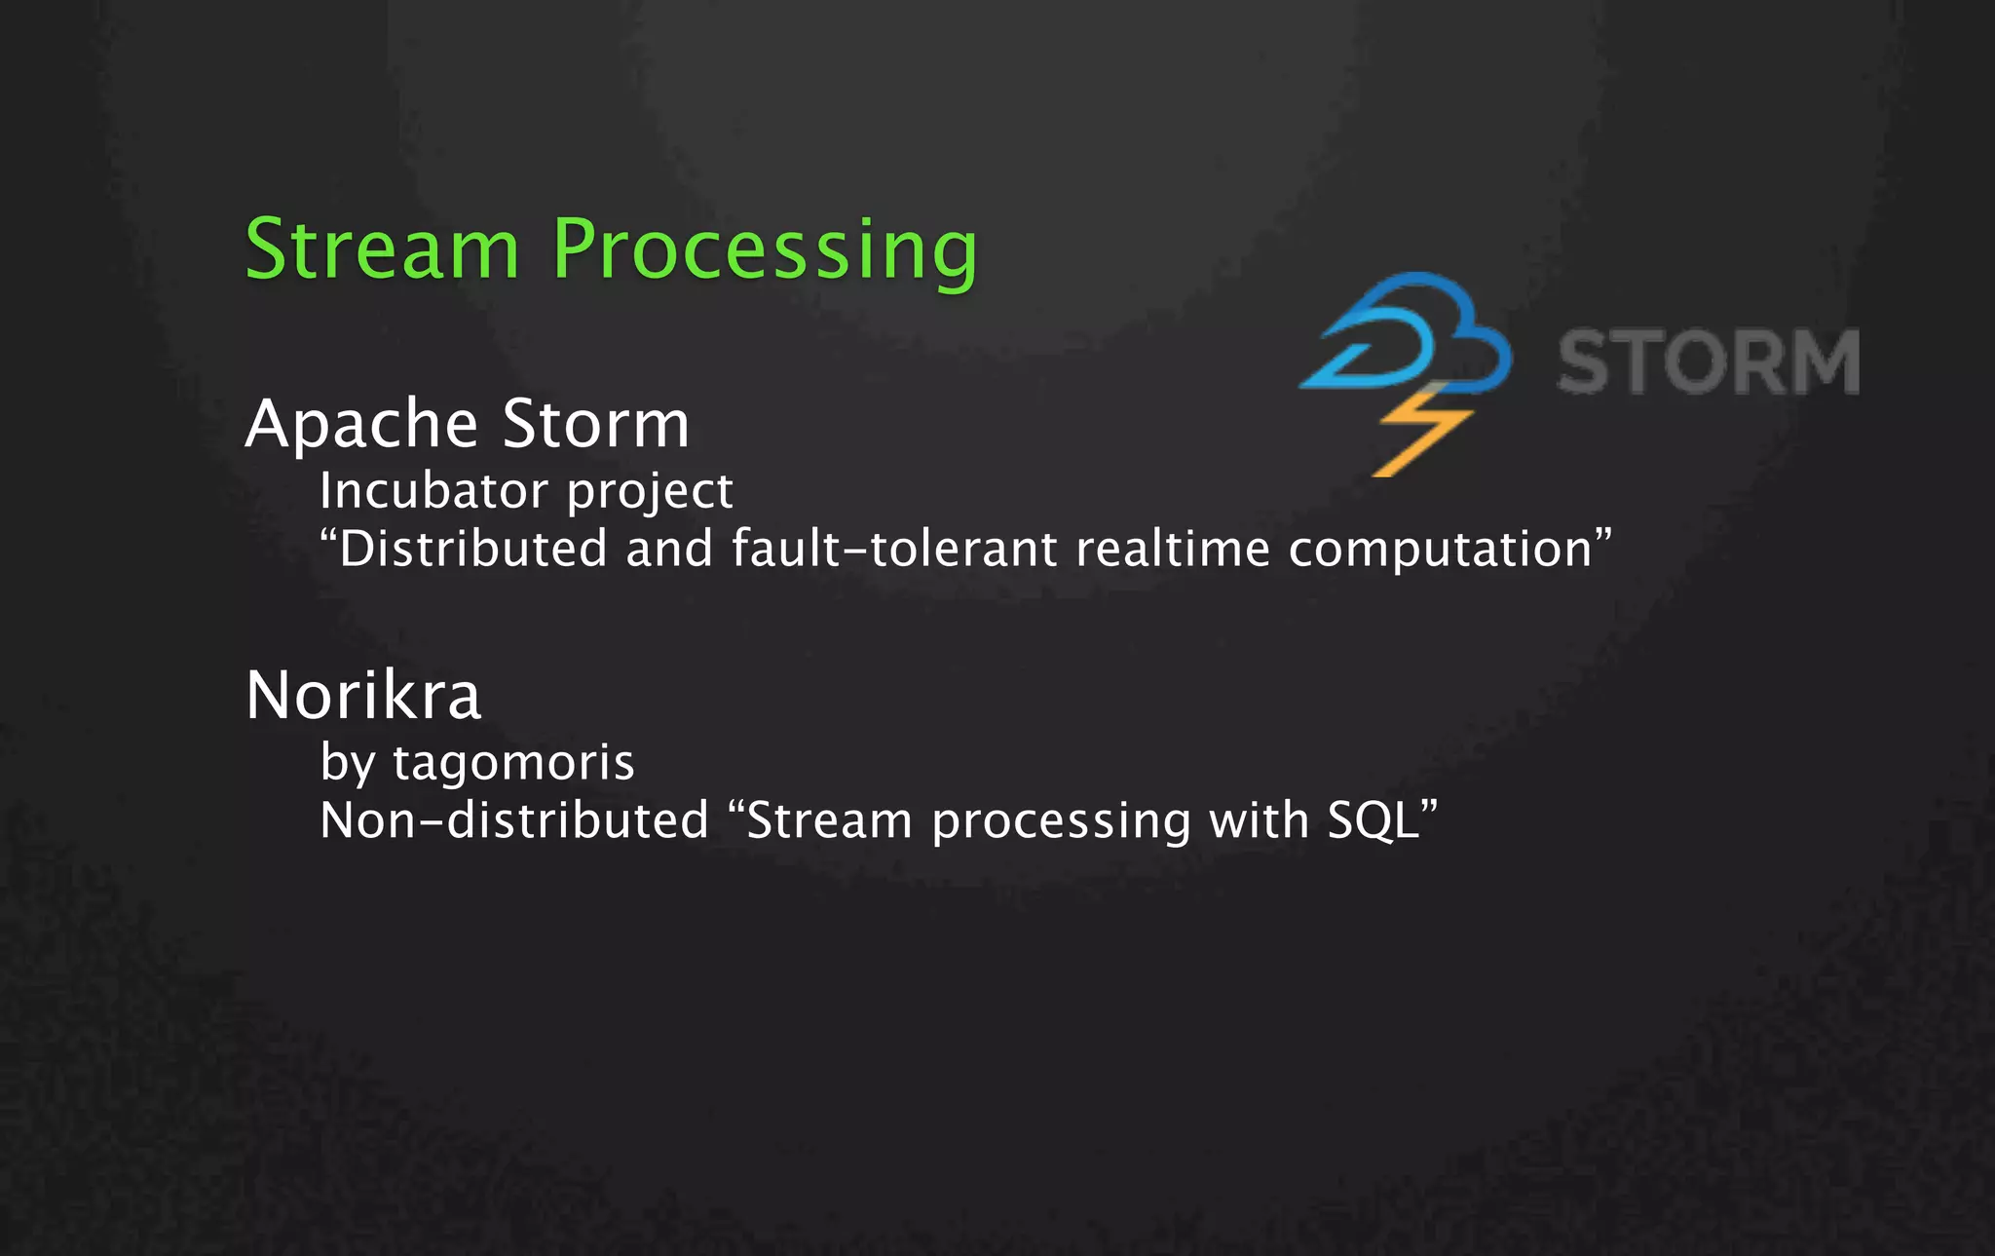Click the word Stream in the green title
click(x=382, y=249)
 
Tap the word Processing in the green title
click(x=765, y=251)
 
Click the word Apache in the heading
click(x=361, y=425)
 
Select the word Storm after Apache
click(x=596, y=425)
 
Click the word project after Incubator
click(x=650, y=493)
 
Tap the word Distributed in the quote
click(x=473, y=549)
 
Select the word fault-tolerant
click(x=894, y=549)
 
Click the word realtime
click(x=1173, y=549)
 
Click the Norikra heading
click(x=363, y=696)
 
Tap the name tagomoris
click(x=513, y=763)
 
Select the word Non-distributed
click(x=514, y=820)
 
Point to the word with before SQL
click(x=1259, y=820)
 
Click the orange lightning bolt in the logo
click(x=1420, y=434)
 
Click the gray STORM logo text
click(x=1709, y=362)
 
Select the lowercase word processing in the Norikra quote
click(x=1061, y=823)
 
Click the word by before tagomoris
click(x=348, y=763)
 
